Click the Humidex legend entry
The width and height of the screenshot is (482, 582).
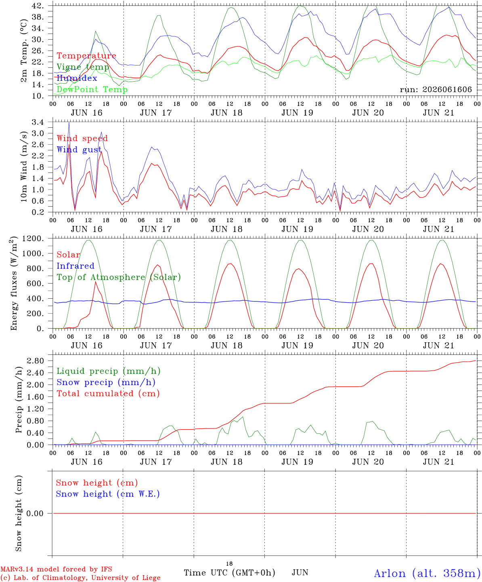[77, 78]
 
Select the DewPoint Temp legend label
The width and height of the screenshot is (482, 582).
[92, 89]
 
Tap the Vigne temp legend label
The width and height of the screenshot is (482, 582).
[83, 67]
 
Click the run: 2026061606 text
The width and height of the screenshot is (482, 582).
[436, 89]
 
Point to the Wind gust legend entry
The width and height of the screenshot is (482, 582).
[79, 150]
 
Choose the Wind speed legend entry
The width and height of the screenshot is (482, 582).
[82, 138]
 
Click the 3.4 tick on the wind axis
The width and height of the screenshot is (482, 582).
[38, 122]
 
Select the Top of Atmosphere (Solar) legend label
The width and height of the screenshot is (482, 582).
[119, 277]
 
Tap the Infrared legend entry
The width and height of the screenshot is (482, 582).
[75, 266]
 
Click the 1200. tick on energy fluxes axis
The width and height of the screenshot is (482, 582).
[33, 238]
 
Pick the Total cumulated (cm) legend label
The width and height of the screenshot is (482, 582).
[108, 393]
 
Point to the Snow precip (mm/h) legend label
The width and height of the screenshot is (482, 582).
[106, 382]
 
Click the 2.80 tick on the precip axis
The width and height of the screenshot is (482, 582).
[36, 361]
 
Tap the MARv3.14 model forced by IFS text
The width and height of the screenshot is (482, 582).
[56, 569]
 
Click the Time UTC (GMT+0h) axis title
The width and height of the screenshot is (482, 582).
[229, 573]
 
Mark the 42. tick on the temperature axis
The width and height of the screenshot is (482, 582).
[38, 6]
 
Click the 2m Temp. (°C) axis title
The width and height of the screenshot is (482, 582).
[24, 51]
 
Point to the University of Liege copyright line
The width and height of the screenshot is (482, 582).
[80, 578]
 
